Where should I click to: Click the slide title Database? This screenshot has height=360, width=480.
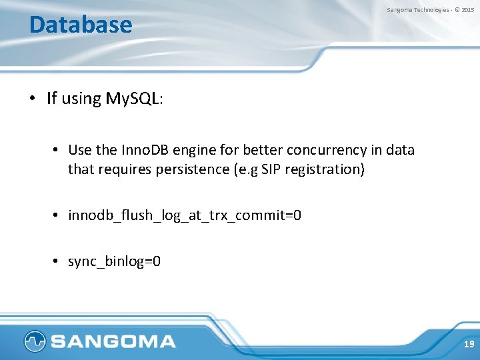click(81, 25)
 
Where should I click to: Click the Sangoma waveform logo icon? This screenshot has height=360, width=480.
click(35, 341)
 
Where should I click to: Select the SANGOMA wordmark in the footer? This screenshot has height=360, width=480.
click(113, 342)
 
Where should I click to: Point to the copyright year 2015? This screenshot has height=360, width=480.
click(468, 10)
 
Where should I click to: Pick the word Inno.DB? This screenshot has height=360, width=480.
click(145, 149)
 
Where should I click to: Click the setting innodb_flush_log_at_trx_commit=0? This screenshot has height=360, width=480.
click(185, 215)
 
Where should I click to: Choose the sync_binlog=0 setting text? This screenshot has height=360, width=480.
click(114, 261)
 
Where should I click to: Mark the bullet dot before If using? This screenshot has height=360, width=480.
click(32, 99)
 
